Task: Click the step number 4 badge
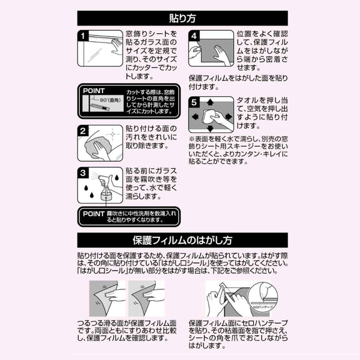194,37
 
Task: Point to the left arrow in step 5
194,116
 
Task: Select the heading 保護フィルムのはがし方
182,241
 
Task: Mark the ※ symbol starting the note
191,137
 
